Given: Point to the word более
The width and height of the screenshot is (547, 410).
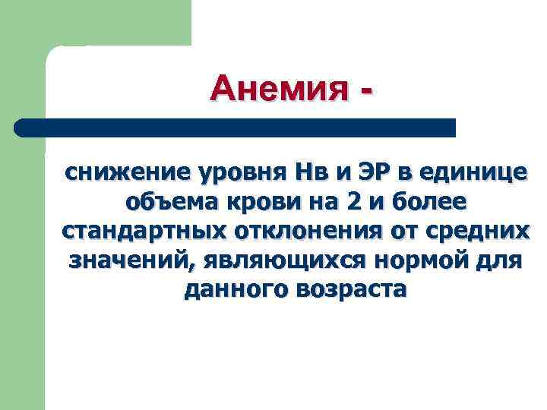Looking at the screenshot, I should (x=432, y=203).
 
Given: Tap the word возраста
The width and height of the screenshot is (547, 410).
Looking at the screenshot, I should (x=346, y=289).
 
